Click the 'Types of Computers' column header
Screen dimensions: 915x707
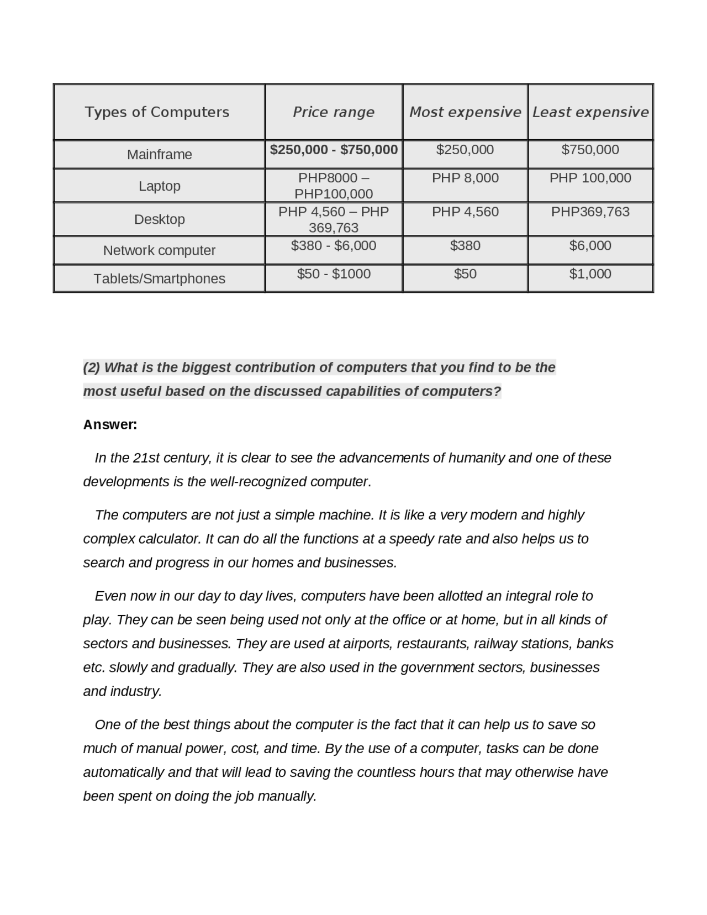(157, 112)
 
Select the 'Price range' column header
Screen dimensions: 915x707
(333, 112)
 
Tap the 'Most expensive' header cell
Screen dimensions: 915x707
(465, 112)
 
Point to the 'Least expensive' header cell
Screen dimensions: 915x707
(590, 112)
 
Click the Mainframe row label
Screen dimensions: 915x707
(159, 155)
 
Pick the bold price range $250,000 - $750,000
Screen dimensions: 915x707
(334, 150)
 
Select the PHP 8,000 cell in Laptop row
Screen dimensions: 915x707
(465, 178)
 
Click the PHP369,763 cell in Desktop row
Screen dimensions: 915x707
(590, 212)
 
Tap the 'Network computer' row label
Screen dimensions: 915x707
(159, 250)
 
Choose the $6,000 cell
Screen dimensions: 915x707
(590, 245)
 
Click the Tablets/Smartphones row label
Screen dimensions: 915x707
(159, 278)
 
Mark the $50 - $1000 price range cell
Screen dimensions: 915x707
(334, 274)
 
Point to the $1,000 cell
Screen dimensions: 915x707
(590, 274)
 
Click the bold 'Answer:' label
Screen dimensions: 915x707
(110, 425)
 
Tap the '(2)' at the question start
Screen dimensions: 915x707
(92, 367)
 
